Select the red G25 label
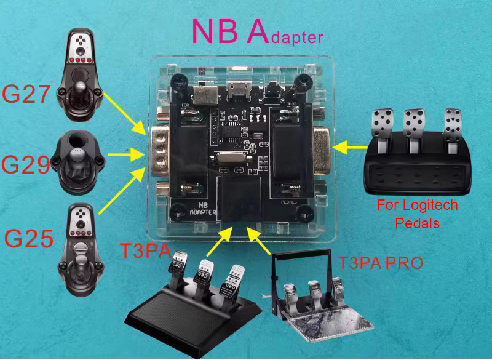tap(29, 239)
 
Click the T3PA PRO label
tap(381, 263)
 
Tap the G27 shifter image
tap(80, 74)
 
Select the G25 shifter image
tap(81, 250)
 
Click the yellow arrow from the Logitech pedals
tap(350, 147)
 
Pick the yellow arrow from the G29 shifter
tap(126, 154)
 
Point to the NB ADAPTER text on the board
tap(203, 209)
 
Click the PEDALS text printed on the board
tap(288, 202)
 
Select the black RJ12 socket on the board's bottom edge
tap(241, 199)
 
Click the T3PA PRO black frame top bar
tap(302, 252)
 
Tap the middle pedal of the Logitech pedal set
tap(414, 130)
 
